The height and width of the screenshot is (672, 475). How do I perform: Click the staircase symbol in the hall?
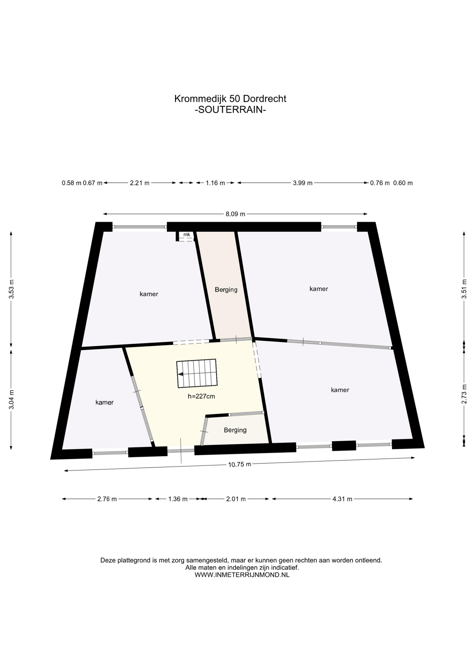point(197,373)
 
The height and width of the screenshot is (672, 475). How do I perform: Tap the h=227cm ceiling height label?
point(201,397)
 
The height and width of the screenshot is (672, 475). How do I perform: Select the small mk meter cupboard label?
point(187,234)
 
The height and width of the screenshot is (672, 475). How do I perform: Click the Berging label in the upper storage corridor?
point(226,290)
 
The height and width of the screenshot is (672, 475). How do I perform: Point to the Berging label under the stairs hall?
point(235,430)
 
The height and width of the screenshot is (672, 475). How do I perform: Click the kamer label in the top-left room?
point(149,294)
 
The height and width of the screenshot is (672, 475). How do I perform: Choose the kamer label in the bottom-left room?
point(105,402)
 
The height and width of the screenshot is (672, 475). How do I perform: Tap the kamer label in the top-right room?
point(319,289)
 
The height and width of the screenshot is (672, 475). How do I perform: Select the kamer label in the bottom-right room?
point(340,390)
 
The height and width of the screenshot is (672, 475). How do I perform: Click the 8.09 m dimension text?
point(235,214)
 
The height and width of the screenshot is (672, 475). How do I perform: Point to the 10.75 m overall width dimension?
point(240,464)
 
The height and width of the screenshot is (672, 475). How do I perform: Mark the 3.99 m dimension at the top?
point(303,183)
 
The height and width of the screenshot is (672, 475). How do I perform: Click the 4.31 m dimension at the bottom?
point(342,499)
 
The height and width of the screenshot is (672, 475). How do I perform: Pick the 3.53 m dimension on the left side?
point(12,289)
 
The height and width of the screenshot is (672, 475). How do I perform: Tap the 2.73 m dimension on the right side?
point(464,394)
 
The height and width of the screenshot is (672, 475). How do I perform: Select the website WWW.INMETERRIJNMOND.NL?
point(242,575)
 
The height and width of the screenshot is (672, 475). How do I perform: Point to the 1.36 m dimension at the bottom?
point(178,499)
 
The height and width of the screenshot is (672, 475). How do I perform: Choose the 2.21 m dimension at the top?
point(140,183)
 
